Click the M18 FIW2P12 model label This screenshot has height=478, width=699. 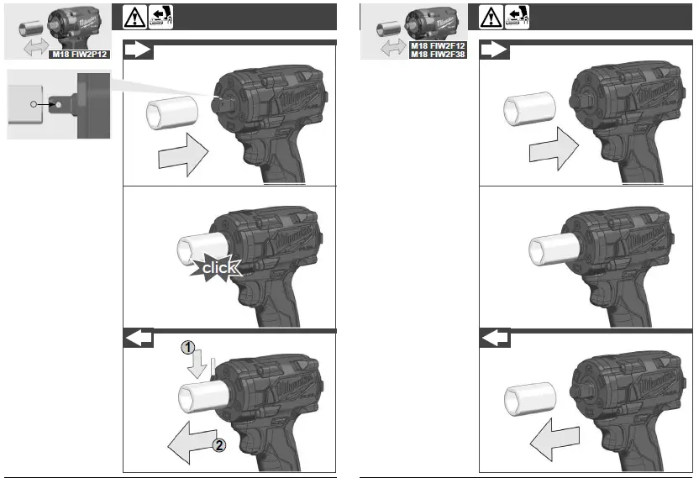[x=80, y=55]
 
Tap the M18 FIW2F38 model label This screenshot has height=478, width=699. [x=438, y=55]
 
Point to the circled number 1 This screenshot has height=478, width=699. [x=191, y=347]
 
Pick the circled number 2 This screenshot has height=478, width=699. [x=218, y=445]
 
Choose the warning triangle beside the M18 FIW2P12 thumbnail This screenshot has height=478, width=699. [x=133, y=16]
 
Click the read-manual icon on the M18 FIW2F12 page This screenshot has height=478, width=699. [x=516, y=16]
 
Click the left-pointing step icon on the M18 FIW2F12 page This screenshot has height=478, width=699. [x=495, y=338]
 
